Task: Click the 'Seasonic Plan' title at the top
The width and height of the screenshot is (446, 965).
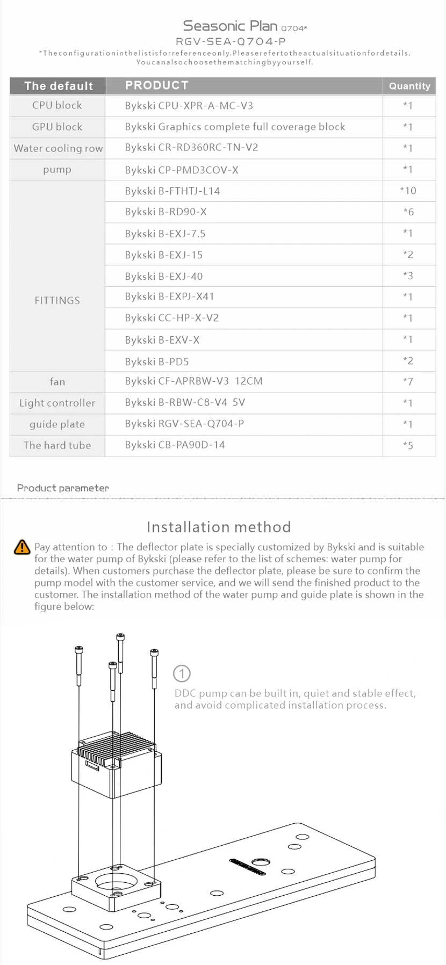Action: coord(230,26)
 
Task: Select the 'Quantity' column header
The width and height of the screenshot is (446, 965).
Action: coord(409,86)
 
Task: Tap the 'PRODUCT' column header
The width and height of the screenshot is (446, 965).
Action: coord(156,85)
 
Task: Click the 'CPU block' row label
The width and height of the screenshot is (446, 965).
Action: coord(57,105)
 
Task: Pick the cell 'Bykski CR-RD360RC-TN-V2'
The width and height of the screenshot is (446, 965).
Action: coord(191,148)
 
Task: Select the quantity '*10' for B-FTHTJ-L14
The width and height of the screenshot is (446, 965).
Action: coord(408,191)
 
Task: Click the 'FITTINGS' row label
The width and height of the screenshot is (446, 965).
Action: coord(57,300)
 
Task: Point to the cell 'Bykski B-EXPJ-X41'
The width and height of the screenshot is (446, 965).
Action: coord(169,296)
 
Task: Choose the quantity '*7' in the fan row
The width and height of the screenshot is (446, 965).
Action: coord(408,382)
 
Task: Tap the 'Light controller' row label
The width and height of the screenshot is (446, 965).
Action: coord(57,403)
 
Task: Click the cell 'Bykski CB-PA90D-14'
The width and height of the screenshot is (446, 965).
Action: coord(175,445)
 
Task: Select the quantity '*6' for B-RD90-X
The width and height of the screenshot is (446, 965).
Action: coord(408,212)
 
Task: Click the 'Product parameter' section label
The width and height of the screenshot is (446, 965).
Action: coord(63,488)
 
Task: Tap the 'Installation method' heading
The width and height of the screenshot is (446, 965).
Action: coord(219,527)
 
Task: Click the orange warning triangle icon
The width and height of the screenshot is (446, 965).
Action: coord(22,547)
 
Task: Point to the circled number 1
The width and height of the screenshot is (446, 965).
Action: coord(182,673)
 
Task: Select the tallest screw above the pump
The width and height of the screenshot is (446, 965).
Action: coord(120,652)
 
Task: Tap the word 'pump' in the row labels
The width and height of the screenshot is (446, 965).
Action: coord(57,170)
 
